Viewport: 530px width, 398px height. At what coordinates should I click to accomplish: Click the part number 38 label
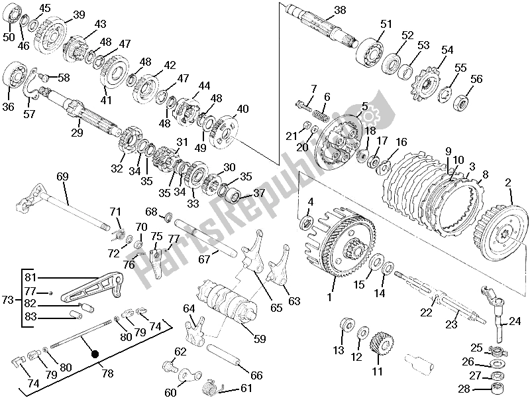340,10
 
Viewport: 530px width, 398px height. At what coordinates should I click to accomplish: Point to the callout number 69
62,176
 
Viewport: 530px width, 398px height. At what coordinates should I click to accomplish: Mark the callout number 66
256,375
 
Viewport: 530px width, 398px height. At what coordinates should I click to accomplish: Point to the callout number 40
243,109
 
